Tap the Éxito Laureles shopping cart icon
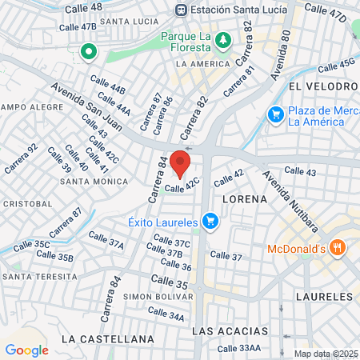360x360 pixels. click(x=210, y=220)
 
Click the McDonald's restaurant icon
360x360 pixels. click(x=338, y=248)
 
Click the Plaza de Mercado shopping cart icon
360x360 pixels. click(x=276, y=115)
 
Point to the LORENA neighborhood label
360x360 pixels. click(x=244, y=198)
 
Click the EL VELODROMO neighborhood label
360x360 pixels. click(x=323, y=86)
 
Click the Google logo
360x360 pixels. click(x=26, y=350)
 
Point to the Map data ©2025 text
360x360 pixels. click(x=326, y=354)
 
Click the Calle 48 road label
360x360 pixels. click(x=85, y=6)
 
